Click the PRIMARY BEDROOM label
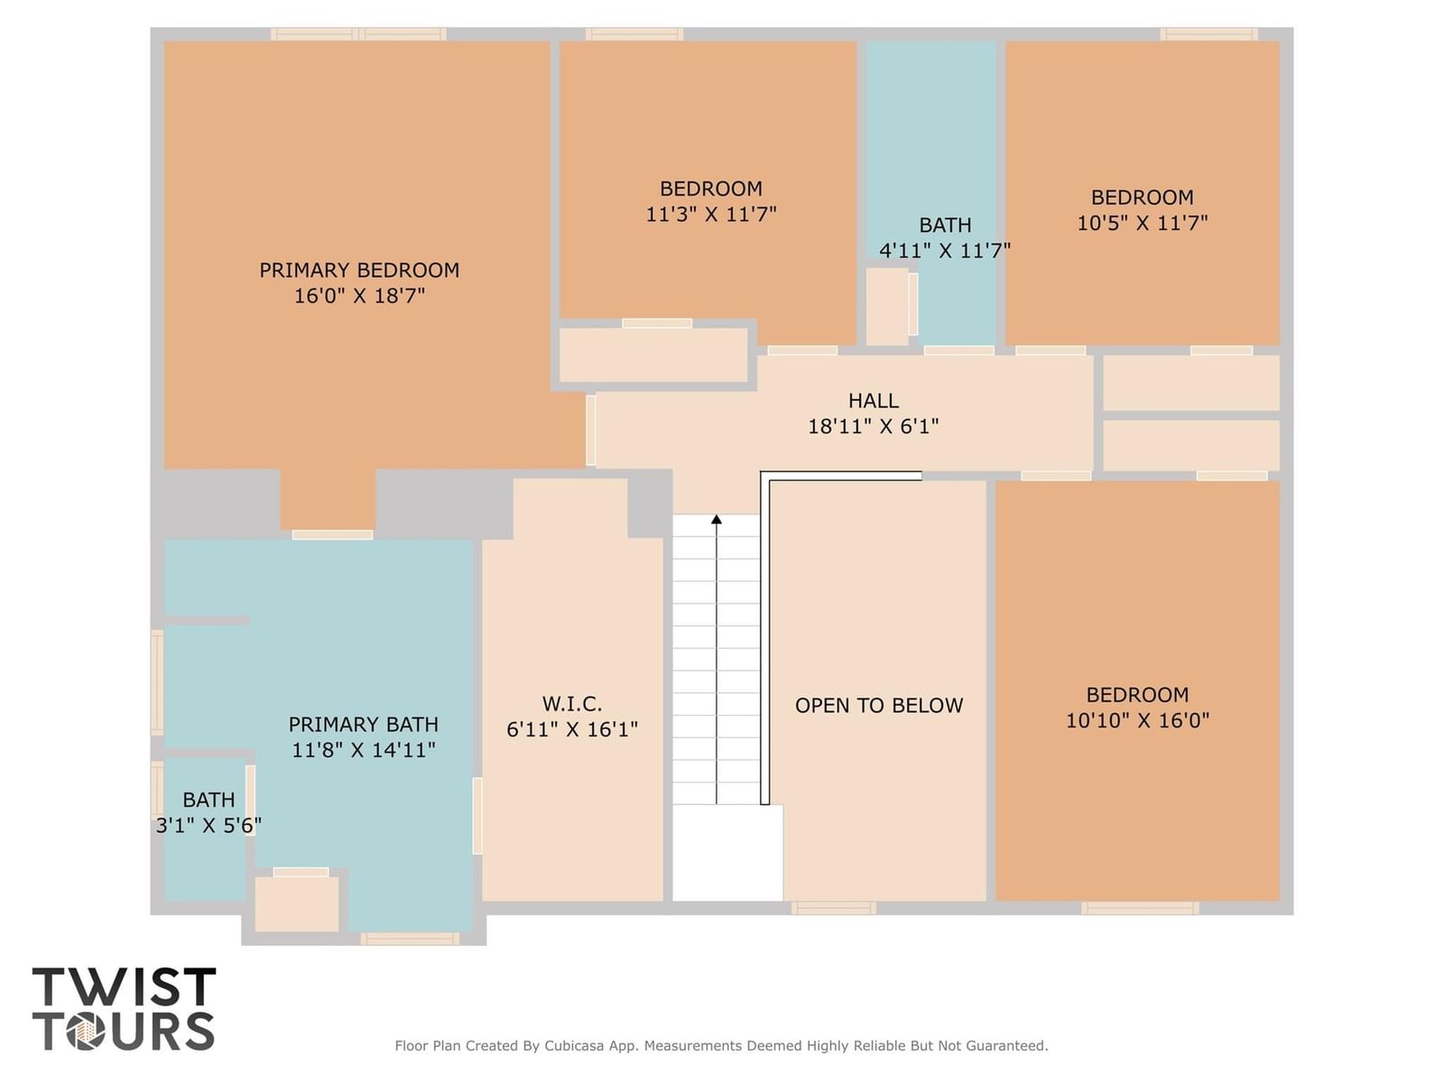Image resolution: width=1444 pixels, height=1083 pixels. (359, 270)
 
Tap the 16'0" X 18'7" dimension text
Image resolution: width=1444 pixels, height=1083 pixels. (359, 296)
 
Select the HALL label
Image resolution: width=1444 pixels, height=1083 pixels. (873, 401)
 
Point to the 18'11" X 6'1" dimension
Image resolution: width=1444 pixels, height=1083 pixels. (873, 426)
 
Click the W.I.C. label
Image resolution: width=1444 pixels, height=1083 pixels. (571, 704)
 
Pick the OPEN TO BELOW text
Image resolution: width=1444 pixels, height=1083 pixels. (879, 706)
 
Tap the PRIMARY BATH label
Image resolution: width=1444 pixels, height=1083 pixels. (363, 724)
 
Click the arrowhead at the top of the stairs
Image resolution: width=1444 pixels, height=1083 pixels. (717, 519)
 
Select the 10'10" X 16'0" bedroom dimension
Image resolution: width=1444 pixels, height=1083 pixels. (1137, 720)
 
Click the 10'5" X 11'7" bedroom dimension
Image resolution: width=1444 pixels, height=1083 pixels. (1142, 223)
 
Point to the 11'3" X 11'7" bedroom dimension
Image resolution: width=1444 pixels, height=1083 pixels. (711, 215)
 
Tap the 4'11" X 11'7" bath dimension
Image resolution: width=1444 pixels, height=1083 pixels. (945, 251)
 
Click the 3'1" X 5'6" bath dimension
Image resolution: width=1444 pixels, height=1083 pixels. (208, 825)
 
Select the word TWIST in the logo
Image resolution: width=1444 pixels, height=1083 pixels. (125, 986)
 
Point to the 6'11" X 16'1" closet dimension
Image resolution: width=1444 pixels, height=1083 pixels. (571, 729)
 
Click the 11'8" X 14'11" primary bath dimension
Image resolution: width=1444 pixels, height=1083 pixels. (363, 750)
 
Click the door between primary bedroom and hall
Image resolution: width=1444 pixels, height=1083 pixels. (591, 430)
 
